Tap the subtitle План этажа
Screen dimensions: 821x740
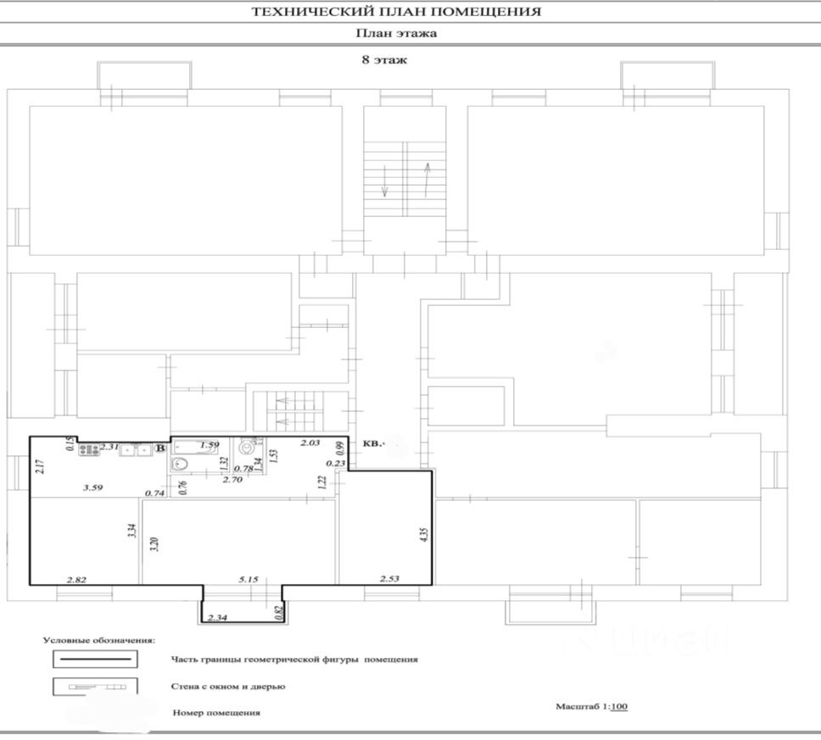click(x=396, y=34)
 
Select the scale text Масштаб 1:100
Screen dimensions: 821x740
click(x=592, y=705)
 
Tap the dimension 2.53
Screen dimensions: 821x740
click(x=389, y=579)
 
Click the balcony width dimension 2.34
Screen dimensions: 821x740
click(x=217, y=618)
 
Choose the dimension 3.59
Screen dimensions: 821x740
click(x=92, y=487)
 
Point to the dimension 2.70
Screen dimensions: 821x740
click(x=233, y=480)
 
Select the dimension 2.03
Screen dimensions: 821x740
click(x=310, y=443)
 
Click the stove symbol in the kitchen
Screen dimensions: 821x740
click(x=89, y=449)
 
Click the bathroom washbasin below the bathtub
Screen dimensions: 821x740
click(x=179, y=464)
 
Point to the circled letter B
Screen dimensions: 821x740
click(x=160, y=448)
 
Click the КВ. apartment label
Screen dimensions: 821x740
click(x=373, y=442)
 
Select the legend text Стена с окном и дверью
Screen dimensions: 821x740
click(x=227, y=685)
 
